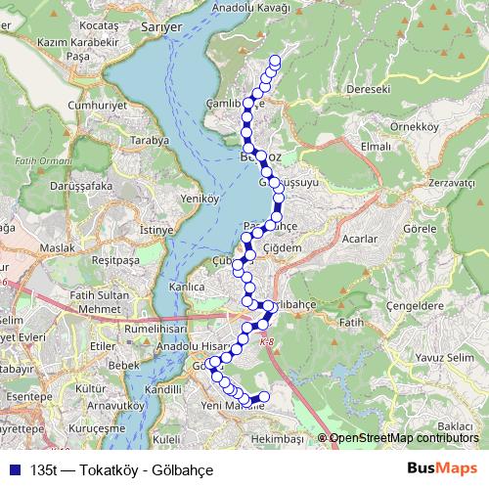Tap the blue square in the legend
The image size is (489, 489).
[x=13, y=468]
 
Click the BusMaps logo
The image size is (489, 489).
[x=440, y=467]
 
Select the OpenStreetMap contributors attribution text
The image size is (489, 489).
[x=404, y=438]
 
